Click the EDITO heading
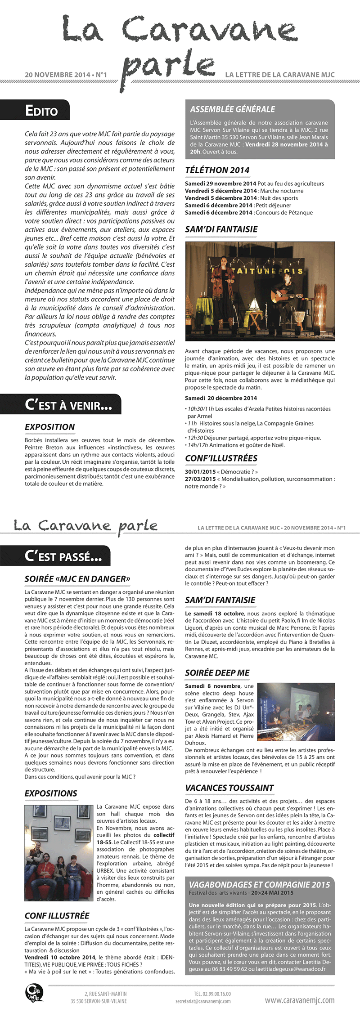click(x=41, y=111)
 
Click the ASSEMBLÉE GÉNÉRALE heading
click(x=232, y=109)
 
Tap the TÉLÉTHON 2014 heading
click(x=217, y=170)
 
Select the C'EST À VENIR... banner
click(x=68, y=405)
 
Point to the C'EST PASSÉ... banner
click(x=63, y=556)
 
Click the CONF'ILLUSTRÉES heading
click(x=221, y=458)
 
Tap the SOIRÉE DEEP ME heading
click(x=217, y=672)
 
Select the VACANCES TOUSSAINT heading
click(x=229, y=788)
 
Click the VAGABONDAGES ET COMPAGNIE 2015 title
click(x=259, y=885)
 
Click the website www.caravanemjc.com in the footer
click(x=299, y=997)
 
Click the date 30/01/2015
click(x=200, y=472)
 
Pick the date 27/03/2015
click(x=200, y=479)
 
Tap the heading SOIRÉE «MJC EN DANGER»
click(x=77, y=579)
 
